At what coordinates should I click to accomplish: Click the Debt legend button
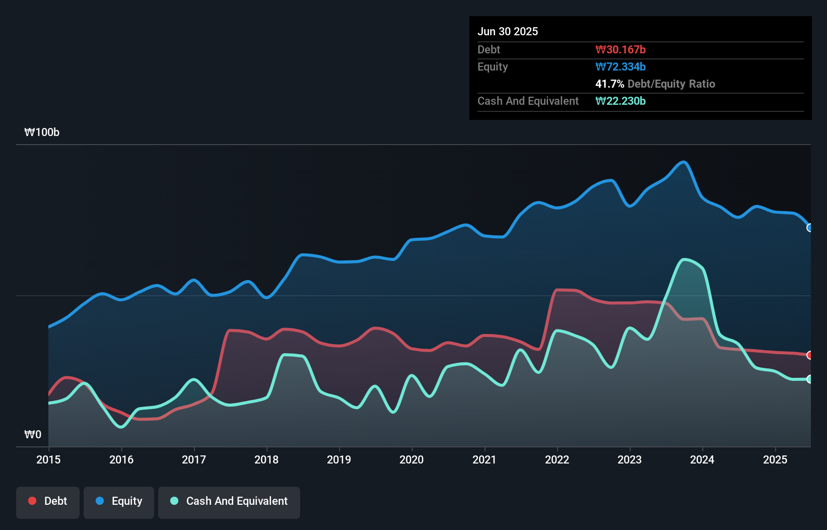click(x=47, y=502)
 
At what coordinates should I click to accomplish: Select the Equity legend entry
click(x=119, y=502)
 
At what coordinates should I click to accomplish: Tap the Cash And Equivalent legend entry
click(x=229, y=502)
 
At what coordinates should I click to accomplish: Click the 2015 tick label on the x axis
click(x=48, y=459)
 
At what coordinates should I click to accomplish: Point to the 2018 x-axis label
click(x=266, y=459)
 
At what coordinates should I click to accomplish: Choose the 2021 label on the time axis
click(x=484, y=459)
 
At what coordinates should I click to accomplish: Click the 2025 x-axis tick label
click(x=775, y=459)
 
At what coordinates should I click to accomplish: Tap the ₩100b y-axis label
click(x=42, y=132)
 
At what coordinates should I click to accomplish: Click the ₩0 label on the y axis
click(x=33, y=434)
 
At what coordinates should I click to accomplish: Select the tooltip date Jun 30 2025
click(x=508, y=31)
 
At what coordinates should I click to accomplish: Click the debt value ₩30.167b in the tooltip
click(x=620, y=49)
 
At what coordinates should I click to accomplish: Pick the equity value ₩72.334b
click(x=620, y=67)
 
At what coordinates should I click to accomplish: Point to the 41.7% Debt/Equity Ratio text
click(x=655, y=84)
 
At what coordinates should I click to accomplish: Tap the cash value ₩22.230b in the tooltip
click(x=620, y=101)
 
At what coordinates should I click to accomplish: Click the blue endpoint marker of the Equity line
click(x=810, y=228)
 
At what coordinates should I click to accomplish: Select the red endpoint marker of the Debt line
click(x=810, y=355)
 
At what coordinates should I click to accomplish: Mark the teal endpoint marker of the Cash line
click(x=810, y=379)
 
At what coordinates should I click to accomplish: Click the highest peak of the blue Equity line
click(x=683, y=162)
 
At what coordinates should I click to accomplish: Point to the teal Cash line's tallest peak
click(x=684, y=260)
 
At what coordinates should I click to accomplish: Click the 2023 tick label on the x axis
click(x=630, y=459)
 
